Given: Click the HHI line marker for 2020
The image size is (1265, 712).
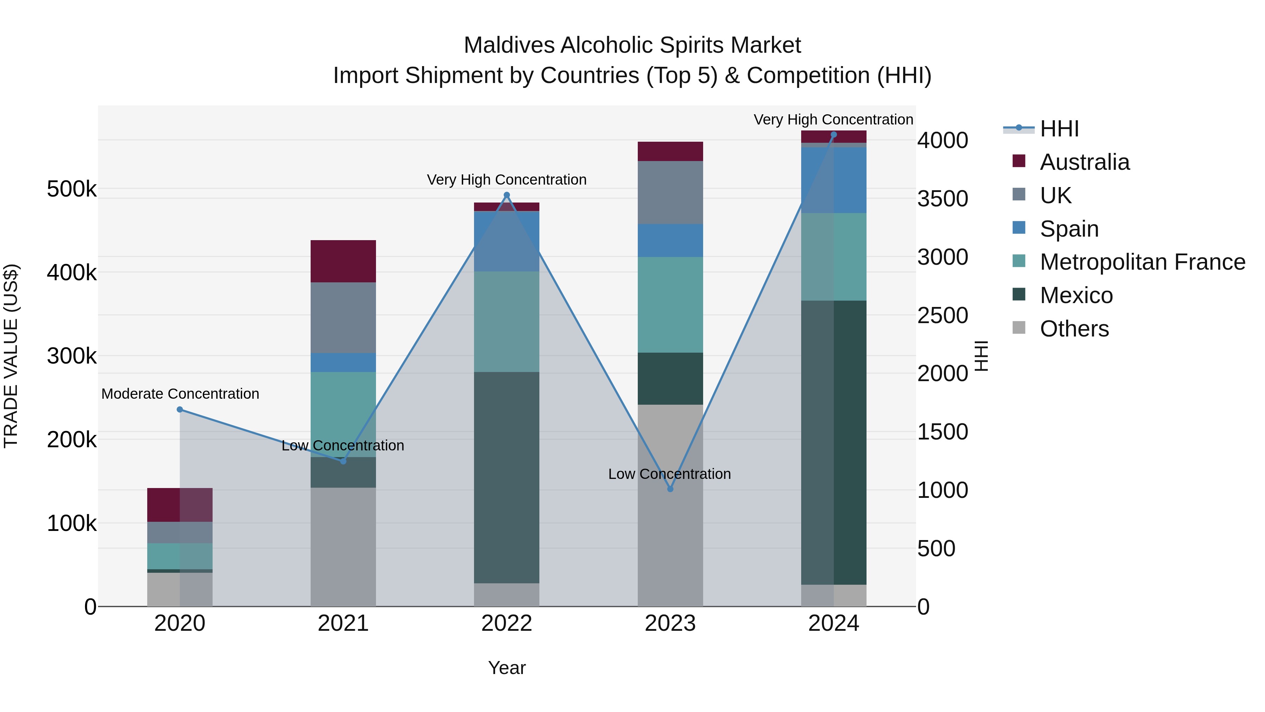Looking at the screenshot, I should tap(180, 409).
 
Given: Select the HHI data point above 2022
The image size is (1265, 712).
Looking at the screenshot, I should tap(507, 195).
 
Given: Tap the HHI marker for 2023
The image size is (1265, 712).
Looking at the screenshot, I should tap(670, 489).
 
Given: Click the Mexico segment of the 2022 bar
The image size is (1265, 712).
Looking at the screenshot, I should tap(506, 477).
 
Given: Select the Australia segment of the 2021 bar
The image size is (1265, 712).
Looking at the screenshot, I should tap(343, 261).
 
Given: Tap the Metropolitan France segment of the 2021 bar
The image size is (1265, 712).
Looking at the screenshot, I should tap(343, 414).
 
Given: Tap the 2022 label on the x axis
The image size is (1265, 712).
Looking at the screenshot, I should tap(506, 623).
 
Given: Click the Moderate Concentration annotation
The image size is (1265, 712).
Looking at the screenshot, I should tap(180, 393).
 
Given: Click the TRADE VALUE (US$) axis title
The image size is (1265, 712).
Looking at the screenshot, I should tap(11, 356).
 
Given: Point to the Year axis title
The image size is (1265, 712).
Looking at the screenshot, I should tap(506, 668).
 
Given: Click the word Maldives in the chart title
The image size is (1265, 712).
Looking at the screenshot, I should tap(509, 45).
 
